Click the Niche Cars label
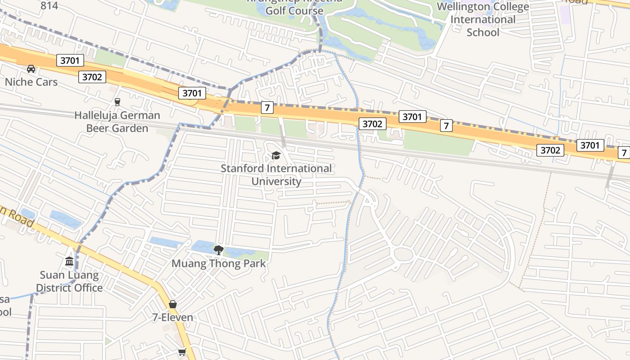(31, 82)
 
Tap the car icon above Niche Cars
(31, 69)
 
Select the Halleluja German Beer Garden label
(117, 121)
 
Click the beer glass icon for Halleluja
(117, 102)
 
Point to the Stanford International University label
(276, 175)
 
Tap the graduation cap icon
(276, 156)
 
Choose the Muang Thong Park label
(219, 263)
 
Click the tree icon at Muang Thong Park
(219, 250)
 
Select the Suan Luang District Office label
(69, 281)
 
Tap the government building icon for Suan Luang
(69, 261)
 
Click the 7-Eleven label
(173, 317)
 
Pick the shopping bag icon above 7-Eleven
(173, 304)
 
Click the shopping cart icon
(182, 352)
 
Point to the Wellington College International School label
(483, 19)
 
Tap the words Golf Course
(294, 11)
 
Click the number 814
(49, 5)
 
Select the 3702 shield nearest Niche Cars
(92, 77)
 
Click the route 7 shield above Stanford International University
(267, 108)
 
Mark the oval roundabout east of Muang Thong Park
(403, 254)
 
